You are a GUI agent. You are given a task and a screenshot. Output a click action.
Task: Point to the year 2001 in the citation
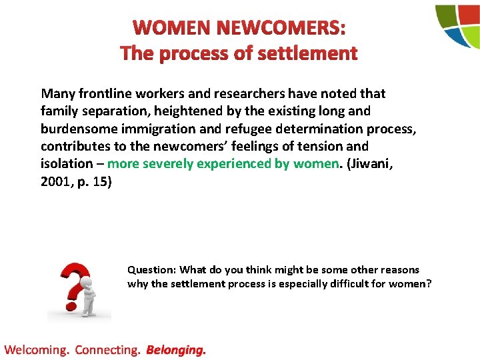pos(55,181)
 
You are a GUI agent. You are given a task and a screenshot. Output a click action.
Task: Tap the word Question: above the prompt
pos(151,270)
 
